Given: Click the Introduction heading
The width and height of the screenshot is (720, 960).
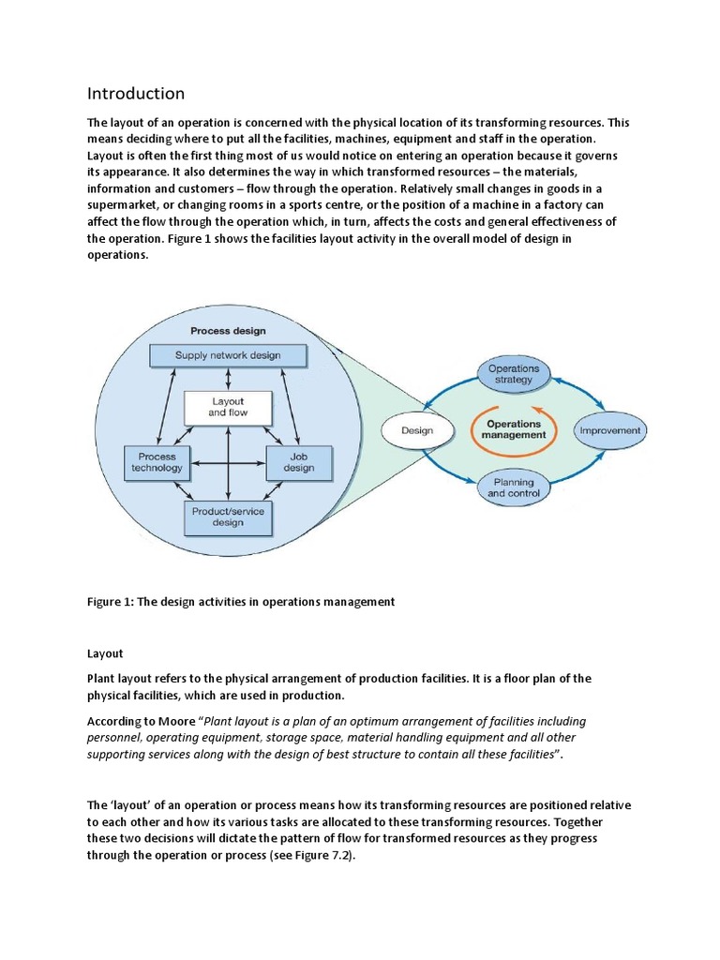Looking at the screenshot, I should tap(136, 94).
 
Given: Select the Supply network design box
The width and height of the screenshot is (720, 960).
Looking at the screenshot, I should tap(228, 355).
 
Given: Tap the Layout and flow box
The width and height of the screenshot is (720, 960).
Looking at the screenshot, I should tap(227, 407).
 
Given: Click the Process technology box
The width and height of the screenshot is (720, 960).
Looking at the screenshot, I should tap(157, 461).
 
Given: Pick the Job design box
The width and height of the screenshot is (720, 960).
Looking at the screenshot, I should tap(299, 461).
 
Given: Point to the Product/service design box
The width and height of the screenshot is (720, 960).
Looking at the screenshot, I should tap(228, 517).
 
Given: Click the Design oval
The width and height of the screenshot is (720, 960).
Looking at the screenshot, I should tap(416, 430).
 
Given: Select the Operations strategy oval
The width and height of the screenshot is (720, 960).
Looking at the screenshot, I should tap(514, 374).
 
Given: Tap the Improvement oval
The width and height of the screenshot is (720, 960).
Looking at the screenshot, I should tap(610, 430).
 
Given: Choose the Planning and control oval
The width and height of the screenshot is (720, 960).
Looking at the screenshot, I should tap(514, 487).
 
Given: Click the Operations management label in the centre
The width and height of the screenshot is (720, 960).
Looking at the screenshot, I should tap(514, 429).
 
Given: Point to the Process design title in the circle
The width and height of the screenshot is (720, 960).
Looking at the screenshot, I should tap(228, 331).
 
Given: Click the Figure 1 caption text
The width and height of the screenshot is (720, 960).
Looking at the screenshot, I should tap(241, 603).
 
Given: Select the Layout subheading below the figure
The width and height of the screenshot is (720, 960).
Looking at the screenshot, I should tap(106, 653).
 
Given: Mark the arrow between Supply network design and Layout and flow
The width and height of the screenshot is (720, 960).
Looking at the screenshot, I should tap(228, 379).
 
